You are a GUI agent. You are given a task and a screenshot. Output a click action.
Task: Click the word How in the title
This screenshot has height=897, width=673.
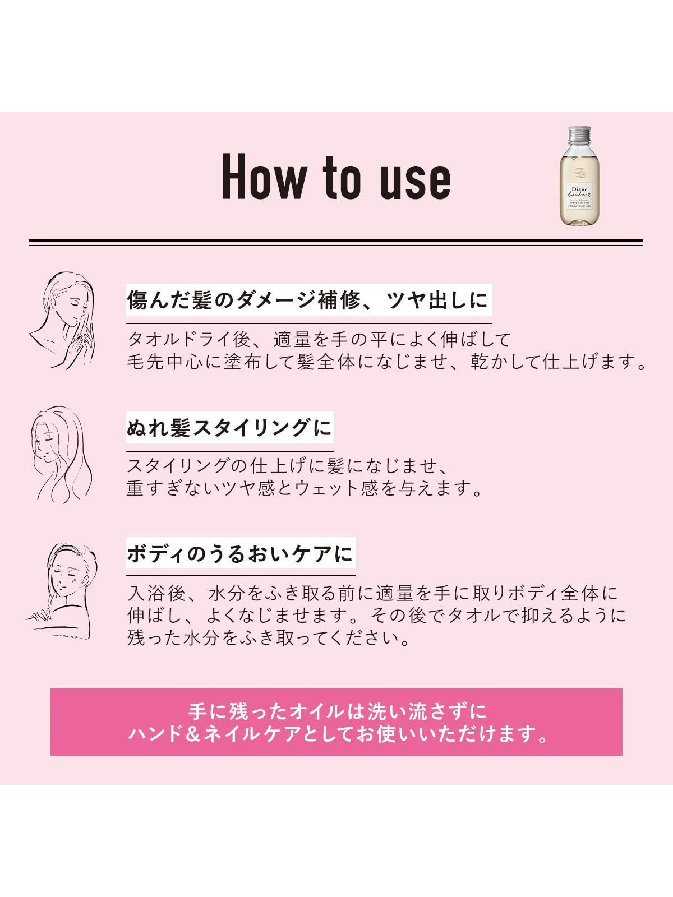click(264, 177)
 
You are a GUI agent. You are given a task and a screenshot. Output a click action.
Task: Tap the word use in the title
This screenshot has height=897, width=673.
click(415, 182)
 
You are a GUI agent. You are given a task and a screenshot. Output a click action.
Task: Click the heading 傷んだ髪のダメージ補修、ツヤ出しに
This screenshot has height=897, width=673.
click(308, 299)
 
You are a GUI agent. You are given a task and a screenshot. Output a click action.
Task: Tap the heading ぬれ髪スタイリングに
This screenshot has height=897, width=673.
click(229, 427)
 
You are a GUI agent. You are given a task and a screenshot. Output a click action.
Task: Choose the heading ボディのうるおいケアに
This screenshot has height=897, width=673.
click(240, 553)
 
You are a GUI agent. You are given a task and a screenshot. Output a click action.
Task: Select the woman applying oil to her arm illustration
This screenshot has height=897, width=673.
click(62, 592)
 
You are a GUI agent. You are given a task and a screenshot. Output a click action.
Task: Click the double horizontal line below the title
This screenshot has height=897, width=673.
click(336, 243)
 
